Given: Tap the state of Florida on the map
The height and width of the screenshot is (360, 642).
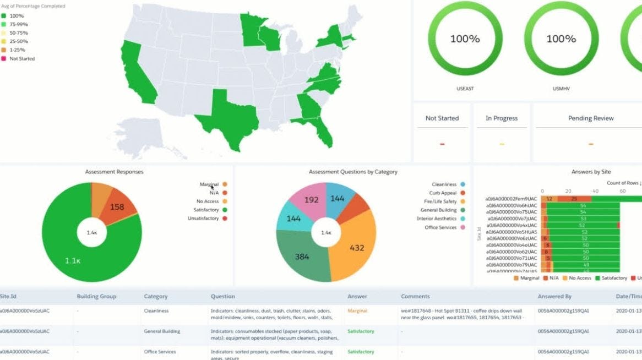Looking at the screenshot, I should (x=322, y=129).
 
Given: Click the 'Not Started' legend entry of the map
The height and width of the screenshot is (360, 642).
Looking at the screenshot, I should (x=21, y=58).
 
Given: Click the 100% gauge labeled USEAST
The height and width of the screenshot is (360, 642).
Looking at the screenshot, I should (x=465, y=39).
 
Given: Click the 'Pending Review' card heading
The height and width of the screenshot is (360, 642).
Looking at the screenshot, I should (x=590, y=118).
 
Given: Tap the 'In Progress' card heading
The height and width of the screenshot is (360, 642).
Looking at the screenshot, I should (x=502, y=118).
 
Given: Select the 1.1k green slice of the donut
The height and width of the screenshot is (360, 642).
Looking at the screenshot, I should (x=72, y=259).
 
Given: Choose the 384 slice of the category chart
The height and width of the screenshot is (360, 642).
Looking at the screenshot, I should (x=301, y=257).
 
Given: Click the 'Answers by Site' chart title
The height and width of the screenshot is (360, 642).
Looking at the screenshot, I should (x=591, y=172).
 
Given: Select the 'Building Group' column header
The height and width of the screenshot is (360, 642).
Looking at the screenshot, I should (x=96, y=296).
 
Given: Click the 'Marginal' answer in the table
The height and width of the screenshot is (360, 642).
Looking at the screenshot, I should (x=357, y=311).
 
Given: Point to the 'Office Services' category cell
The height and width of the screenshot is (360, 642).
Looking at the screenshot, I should (x=160, y=352).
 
